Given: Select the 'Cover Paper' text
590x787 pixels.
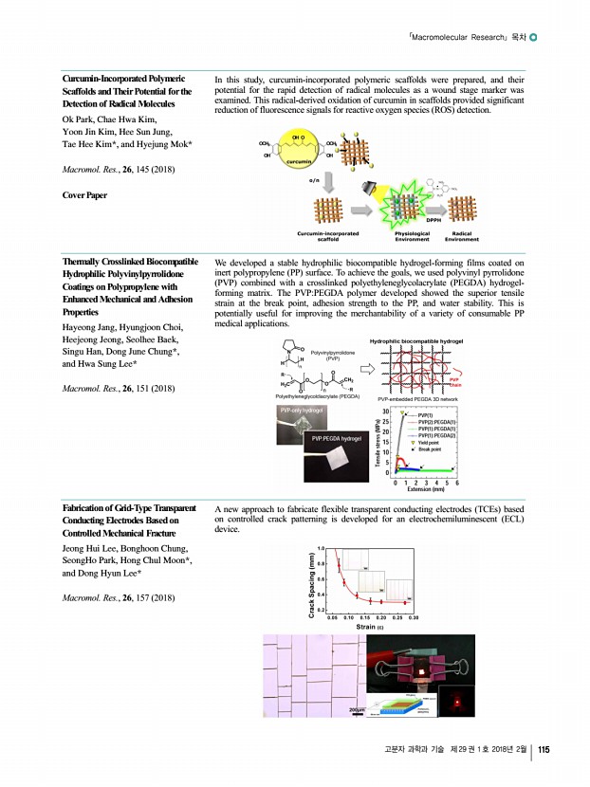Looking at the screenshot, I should point(84,194).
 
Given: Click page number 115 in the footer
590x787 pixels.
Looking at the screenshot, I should point(544,751).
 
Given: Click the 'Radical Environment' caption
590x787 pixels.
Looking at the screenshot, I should point(463,237).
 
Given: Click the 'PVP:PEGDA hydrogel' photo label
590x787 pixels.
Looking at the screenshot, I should point(333,439).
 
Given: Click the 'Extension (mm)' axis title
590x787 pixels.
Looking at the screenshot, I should point(425,490).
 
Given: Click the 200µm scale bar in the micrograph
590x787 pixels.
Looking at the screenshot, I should point(357,709).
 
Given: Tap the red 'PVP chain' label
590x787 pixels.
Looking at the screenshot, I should point(454,379).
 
